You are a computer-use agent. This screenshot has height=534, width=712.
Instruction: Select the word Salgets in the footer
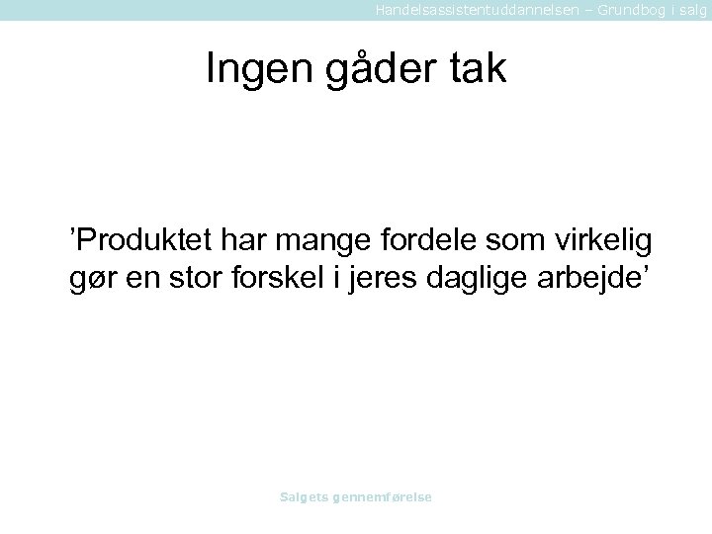click(304, 496)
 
